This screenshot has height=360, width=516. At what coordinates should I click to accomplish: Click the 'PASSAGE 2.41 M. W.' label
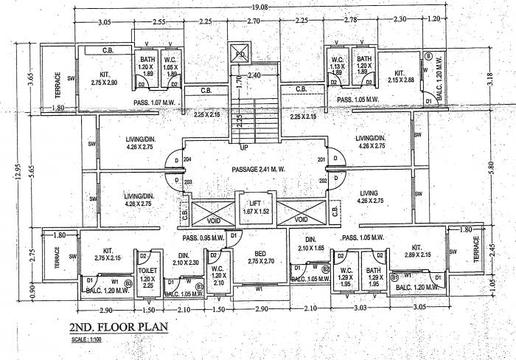tap(254, 170)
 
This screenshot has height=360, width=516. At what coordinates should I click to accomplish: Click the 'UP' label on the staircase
tap(245, 147)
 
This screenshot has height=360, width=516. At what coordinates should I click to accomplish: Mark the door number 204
tap(188, 159)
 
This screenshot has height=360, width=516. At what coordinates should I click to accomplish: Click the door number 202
tap(322, 180)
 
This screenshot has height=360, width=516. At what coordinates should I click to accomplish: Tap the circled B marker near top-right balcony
tap(428, 55)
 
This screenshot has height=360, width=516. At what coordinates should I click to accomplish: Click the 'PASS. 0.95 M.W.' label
tap(204, 238)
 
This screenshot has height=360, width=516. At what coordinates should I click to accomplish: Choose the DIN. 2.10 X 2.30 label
tap(185, 258)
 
